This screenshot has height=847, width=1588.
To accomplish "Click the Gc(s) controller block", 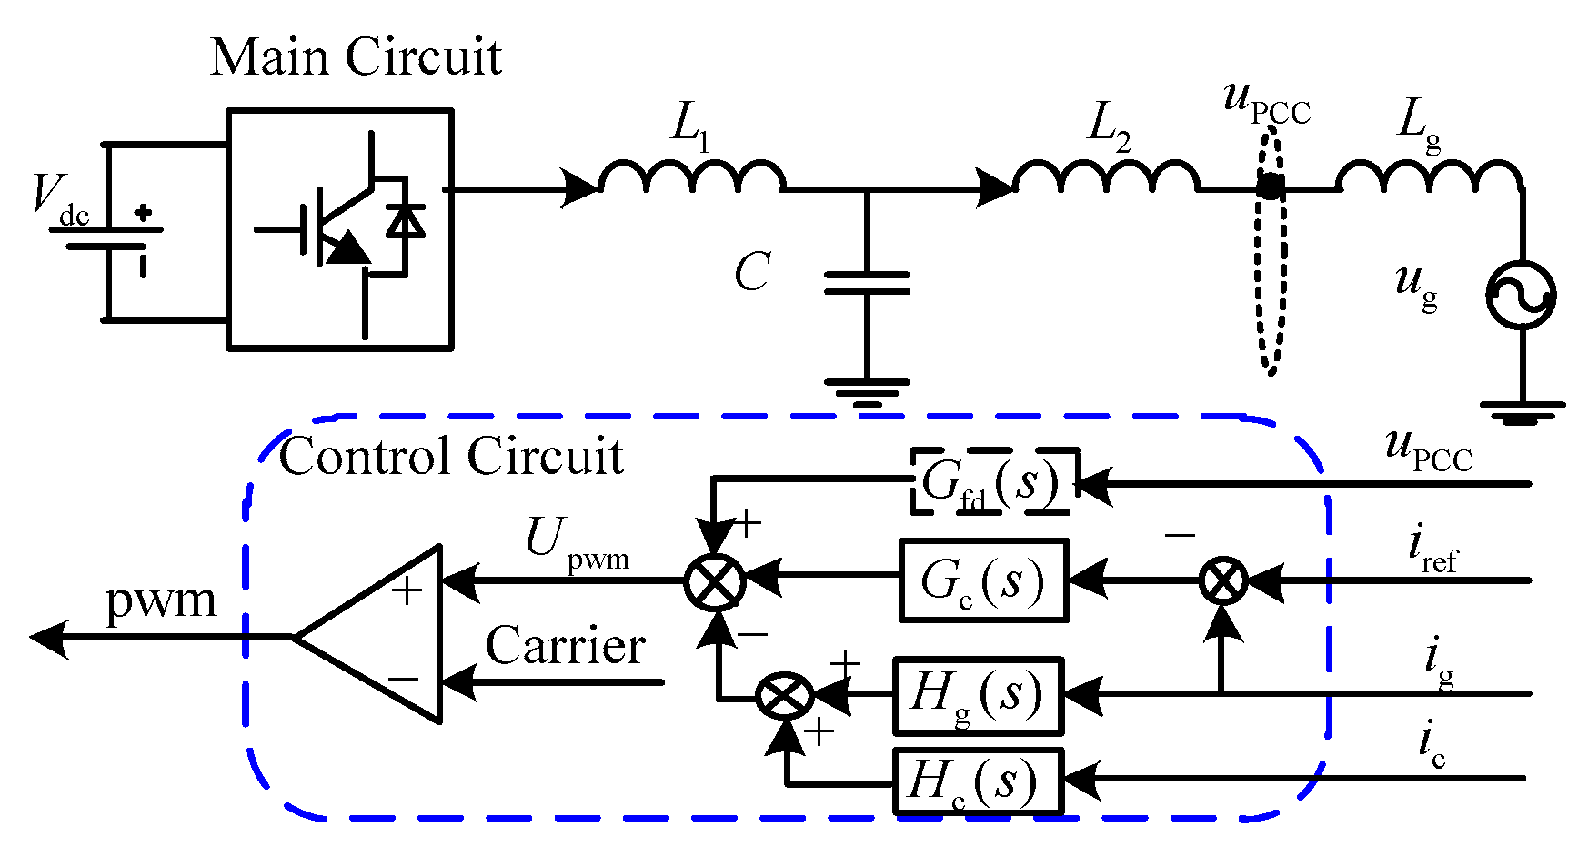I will [983, 580].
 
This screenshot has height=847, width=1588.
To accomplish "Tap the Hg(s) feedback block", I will [978, 696].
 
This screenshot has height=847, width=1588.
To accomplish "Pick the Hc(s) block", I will [978, 781].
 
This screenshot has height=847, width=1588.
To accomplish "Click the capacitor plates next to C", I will [867, 283].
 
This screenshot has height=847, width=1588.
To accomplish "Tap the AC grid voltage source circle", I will [1521, 296].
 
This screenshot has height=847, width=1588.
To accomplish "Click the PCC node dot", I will [1271, 189].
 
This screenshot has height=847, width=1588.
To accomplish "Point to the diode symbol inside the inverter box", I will [405, 220].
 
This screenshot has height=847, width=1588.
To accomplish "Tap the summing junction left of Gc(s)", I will [714, 580].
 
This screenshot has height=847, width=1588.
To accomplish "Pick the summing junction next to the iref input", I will [1223, 580].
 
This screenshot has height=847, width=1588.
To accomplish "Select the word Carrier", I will [565, 647].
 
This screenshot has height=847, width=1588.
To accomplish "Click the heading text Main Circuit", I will [356, 56].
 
